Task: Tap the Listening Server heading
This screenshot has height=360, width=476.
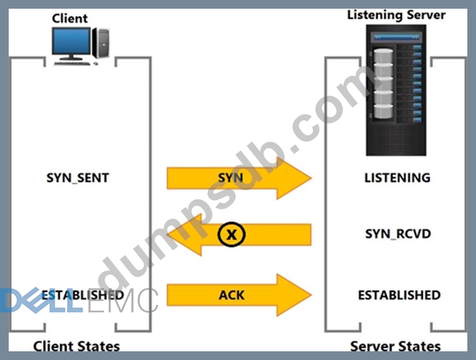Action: pyautogui.click(x=396, y=14)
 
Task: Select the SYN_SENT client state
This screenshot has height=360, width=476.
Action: pyautogui.click(x=77, y=178)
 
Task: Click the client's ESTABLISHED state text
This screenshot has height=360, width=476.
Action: pyautogui.click(x=82, y=295)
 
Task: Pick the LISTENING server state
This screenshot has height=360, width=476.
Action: pyautogui.click(x=397, y=178)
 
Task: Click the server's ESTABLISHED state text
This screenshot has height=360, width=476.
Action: pyautogui.click(x=399, y=295)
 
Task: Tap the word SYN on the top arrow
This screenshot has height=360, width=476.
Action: pyautogui.click(x=230, y=178)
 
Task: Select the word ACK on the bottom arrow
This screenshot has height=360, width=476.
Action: pyautogui.click(x=232, y=295)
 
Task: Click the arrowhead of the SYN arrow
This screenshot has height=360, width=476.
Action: pyautogui.click(x=294, y=178)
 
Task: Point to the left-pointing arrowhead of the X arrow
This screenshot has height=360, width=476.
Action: pyautogui.click(x=183, y=234)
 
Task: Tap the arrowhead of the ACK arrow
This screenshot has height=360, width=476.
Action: pyautogui.click(x=294, y=295)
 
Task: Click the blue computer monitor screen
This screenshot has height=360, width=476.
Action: pyautogui.click(x=71, y=41)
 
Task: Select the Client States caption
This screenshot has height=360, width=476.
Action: pyautogui.click(x=76, y=346)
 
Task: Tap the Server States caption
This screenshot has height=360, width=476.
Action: pyautogui.click(x=395, y=346)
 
